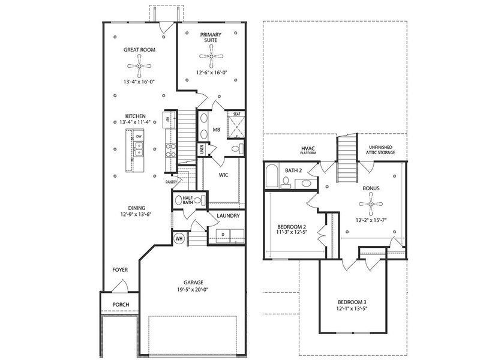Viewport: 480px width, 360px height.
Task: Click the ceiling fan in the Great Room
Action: coord(139,65)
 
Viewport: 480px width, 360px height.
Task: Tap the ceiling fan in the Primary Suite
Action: coord(211,58)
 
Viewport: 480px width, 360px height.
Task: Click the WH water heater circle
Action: coord(179,238)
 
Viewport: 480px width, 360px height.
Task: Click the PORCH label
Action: coord(121,305)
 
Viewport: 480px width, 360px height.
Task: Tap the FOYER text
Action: coord(120,270)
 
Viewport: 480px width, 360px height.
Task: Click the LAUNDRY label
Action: coord(228,216)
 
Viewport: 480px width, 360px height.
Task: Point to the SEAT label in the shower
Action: coord(236,113)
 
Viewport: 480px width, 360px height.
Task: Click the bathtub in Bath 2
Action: coord(271,178)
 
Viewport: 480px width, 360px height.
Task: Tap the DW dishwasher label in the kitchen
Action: coord(139,137)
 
